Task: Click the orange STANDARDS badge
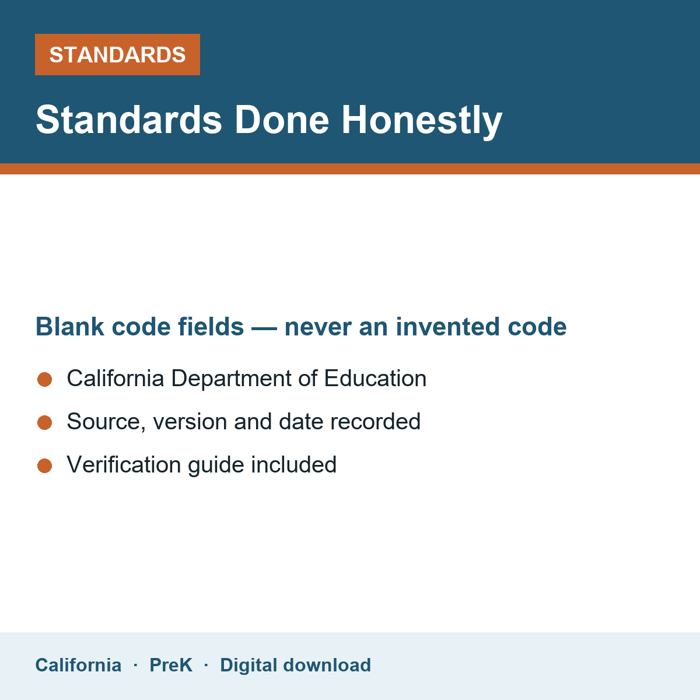pos(117,54)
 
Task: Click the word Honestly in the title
pos(422,120)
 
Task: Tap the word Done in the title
pos(282,120)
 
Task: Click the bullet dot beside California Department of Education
pos(45,379)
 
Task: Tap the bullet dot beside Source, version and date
pos(45,422)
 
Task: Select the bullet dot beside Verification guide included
pos(45,466)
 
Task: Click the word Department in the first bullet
pos(231,379)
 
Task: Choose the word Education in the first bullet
pos(375,378)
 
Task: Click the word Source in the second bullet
pos(106,422)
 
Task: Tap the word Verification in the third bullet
pos(124,464)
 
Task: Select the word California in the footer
pos(78,665)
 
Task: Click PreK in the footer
pos(171,665)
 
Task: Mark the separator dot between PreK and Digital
pos(206,665)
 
